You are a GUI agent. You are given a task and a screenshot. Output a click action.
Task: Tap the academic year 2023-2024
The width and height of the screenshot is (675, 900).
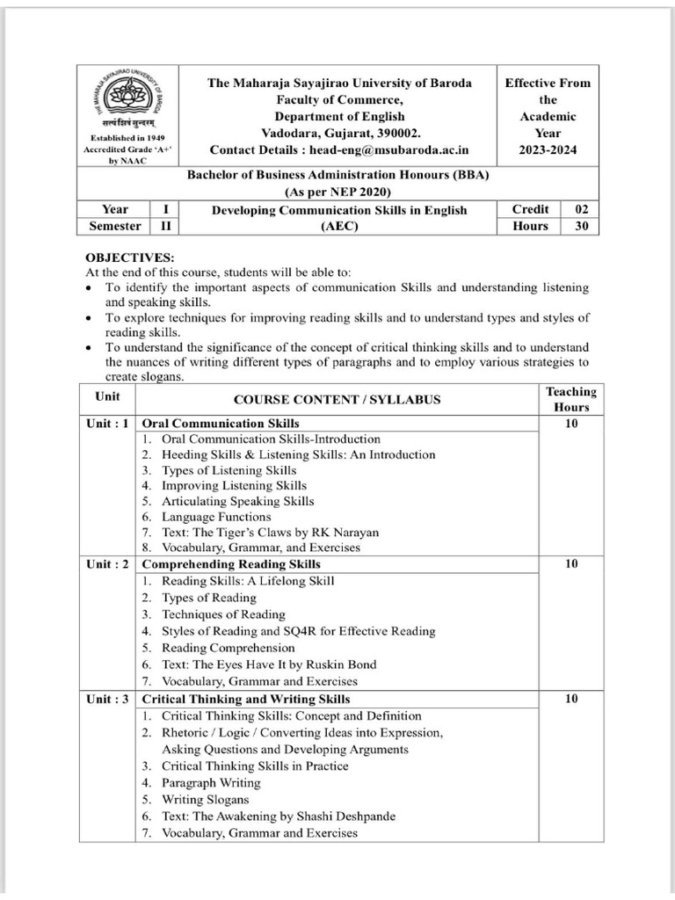548,150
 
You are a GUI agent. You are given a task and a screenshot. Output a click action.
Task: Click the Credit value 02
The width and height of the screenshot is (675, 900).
581,209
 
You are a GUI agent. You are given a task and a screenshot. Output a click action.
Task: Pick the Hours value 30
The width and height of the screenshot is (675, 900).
581,226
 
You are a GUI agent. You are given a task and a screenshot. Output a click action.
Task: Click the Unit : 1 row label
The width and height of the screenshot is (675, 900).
108,423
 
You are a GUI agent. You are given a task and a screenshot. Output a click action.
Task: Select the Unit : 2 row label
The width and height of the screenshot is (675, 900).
108,563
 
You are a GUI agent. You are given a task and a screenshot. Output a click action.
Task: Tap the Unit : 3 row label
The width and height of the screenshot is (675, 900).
108,700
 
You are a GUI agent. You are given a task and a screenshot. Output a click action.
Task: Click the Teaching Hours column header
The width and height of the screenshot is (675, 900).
570,399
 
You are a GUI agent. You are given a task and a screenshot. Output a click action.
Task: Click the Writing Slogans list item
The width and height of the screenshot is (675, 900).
205,800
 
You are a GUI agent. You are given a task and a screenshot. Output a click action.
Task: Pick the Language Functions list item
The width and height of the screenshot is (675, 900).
216,518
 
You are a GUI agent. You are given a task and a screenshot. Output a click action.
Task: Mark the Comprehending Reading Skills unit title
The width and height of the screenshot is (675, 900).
231,563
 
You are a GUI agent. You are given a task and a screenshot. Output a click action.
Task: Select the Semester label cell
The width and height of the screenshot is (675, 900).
115,226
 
